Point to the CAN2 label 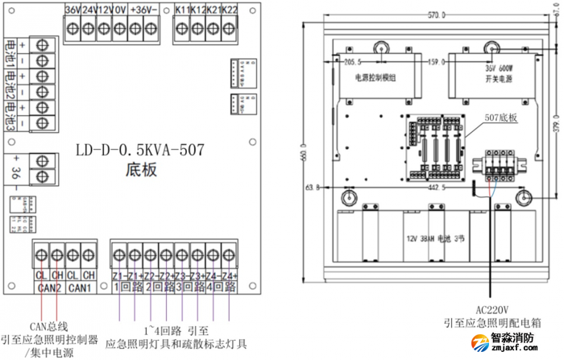click(x=49, y=288)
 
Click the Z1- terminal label click(x=135, y=276)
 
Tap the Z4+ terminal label click(x=230, y=276)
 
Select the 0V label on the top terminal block click(x=119, y=10)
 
